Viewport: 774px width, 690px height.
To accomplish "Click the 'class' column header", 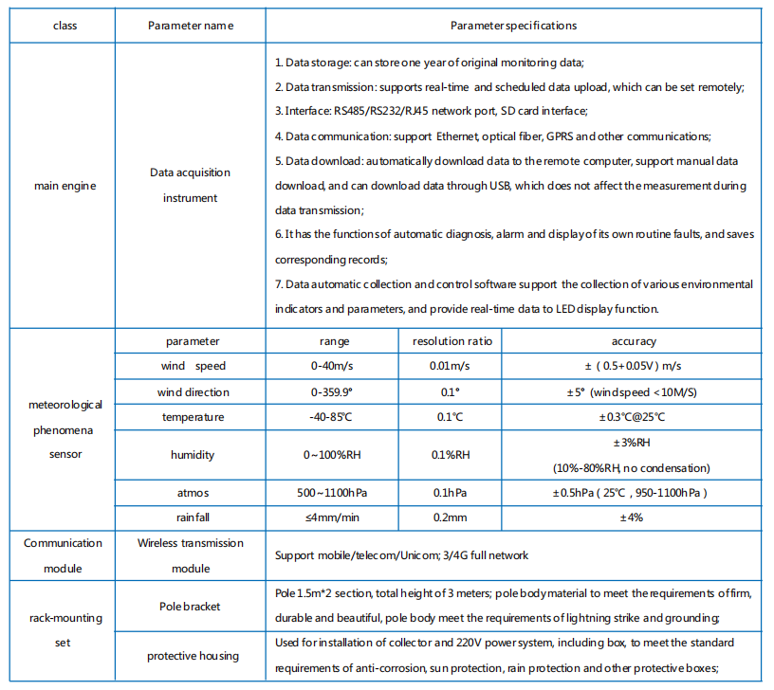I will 64,26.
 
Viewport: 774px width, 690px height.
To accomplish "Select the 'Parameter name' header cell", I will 191,26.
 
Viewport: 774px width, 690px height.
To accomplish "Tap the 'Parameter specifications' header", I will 513,26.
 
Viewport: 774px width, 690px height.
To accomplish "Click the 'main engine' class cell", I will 64,186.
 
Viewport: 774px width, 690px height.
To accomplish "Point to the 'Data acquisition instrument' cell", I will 191,186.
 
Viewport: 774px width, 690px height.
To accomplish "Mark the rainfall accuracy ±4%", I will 633,517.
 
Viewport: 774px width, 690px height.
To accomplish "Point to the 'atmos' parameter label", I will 191,493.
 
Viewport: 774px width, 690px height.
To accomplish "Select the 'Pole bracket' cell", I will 191,606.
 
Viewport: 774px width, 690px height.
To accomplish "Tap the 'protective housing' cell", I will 191,656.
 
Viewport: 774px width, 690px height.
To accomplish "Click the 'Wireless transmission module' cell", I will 191,555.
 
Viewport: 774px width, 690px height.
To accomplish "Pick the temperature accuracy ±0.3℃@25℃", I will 633,416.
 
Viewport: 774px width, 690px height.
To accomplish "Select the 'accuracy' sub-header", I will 633,341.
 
